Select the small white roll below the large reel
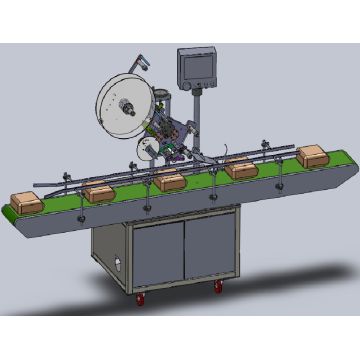click(145, 149)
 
